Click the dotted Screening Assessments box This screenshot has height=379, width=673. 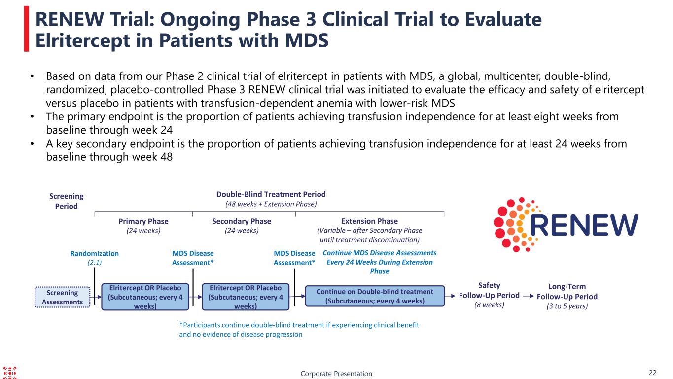point(62,297)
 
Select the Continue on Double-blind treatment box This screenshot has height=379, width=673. point(375,296)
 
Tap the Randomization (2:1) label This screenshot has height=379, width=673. point(94,258)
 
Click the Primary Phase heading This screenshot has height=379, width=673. point(143,221)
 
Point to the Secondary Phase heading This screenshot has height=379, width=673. point(242,221)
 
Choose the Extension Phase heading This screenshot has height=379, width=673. point(370,221)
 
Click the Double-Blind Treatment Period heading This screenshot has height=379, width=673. point(271,194)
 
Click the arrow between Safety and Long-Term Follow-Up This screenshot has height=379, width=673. point(528,296)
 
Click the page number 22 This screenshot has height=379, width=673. point(653,373)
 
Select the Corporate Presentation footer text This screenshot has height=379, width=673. point(336,374)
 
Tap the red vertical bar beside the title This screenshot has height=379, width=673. point(27,29)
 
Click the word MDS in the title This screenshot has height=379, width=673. point(307,40)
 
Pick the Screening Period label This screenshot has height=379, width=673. point(67,201)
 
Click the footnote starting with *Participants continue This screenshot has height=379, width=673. point(299,329)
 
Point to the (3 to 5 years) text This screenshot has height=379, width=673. point(567,306)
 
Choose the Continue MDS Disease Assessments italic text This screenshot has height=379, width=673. point(380,262)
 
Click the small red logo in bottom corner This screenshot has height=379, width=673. point(10,373)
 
